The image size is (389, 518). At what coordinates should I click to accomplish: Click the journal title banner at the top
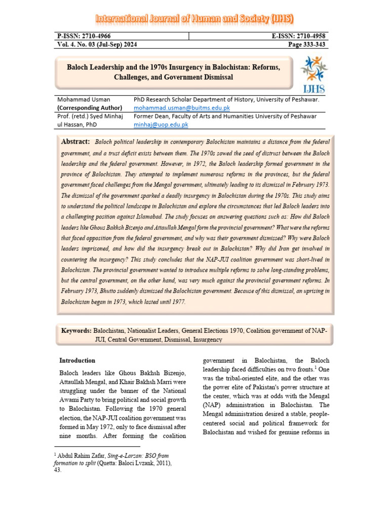(x=194, y=20)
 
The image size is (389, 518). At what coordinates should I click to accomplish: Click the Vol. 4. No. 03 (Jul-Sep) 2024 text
(x=97, y=45)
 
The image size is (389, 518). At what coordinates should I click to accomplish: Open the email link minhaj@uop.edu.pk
(x=161, y=124)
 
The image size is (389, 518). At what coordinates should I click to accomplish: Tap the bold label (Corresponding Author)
(x=90, y=108)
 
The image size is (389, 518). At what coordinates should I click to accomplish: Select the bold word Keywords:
(x=76, y=331)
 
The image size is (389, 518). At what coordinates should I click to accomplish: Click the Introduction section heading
(x=77, y=361)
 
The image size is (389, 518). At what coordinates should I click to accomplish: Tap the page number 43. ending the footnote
(x=58, y=470)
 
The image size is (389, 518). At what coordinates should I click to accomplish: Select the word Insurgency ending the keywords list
(x=207, y=339)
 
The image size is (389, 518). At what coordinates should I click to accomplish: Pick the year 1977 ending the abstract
(x=177, y=302)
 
